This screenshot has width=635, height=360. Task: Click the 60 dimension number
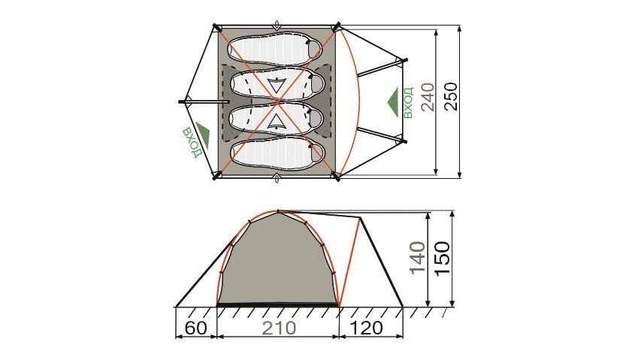click(196, 328)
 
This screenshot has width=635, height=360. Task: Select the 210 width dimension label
click(279, 328)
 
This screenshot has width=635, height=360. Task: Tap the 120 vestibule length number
click(366, 328)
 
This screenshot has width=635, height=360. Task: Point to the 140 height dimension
click(418, 258)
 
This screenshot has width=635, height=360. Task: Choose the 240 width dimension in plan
click(428, 97)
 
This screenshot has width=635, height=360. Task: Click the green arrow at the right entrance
click(393, 102)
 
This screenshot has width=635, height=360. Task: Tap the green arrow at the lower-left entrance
click(204, 134)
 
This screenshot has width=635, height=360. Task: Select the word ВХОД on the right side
click(408, 102)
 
